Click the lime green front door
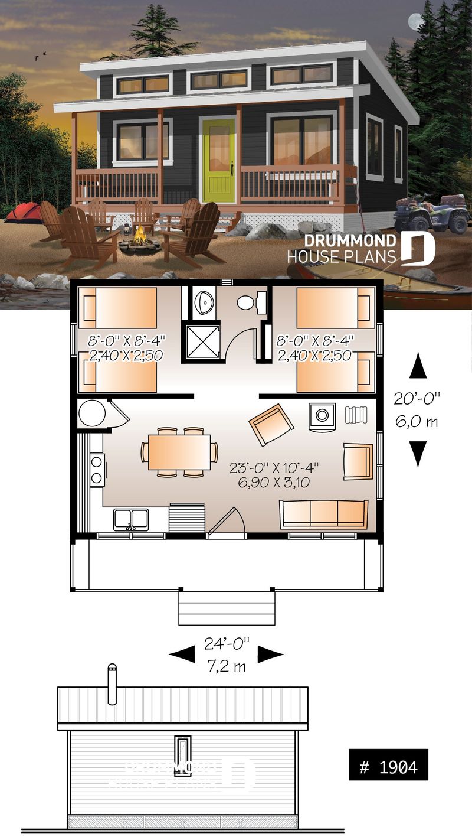pyautogui.click(x=218, y=159)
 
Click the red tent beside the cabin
pyautogui.click(x=24, y=211)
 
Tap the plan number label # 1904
pyautogui.click(x=388, y=767)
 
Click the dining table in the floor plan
pyautogui.click(x=179, y=452)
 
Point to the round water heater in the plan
pyautogui.click(x=92, y=413)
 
